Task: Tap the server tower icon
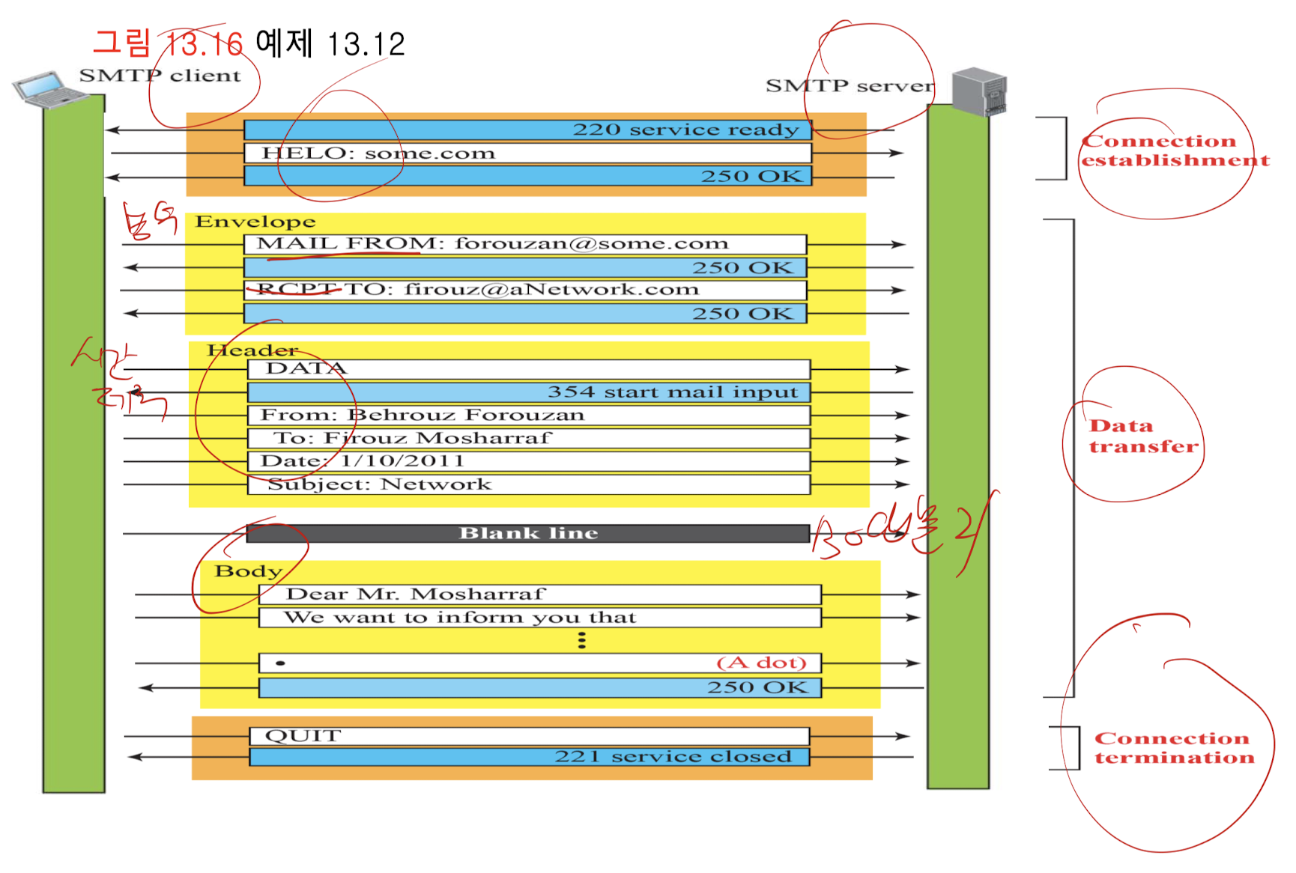click(979, 91)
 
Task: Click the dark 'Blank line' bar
click(528, 533)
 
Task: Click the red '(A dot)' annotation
click(761, 663)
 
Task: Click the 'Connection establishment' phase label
click(1174, 150)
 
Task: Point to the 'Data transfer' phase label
click(1142, 436)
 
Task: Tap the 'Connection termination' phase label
click(1173, 748)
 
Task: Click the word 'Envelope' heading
click(255, 222)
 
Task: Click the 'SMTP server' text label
click(850, 86)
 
